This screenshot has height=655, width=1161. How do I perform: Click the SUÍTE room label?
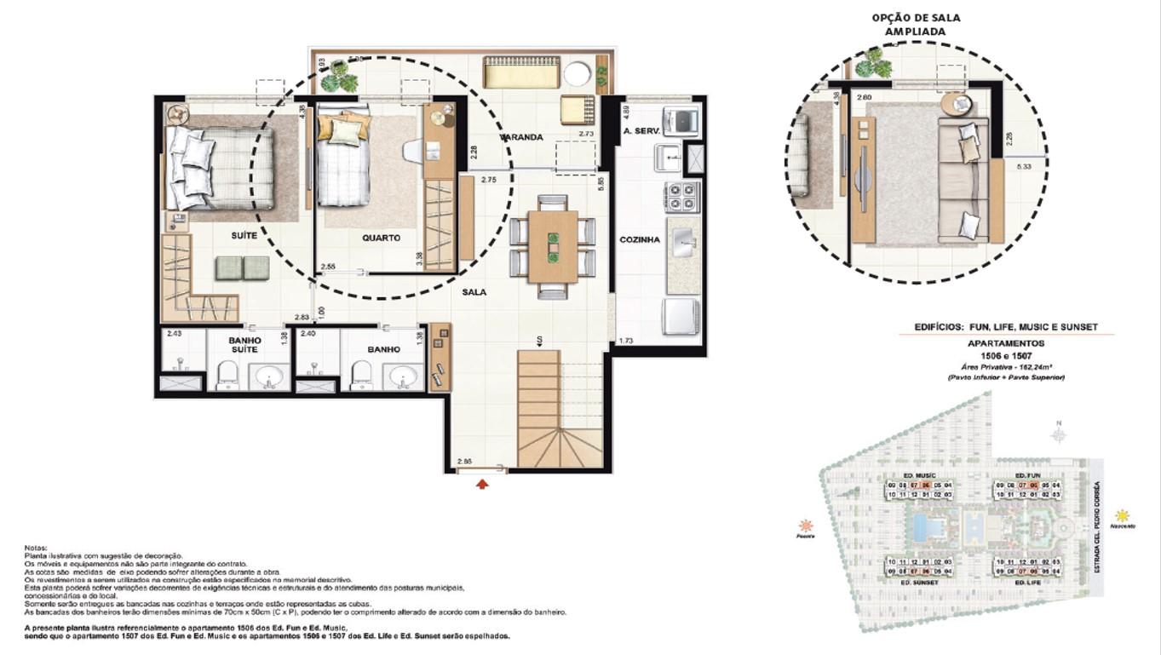coord(244,235)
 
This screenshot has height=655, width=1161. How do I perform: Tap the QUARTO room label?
coord(381,238)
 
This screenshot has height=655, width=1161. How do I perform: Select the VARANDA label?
coord(521,137)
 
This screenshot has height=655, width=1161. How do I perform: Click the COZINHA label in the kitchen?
coord(640,240)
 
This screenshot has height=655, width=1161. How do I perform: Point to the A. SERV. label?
coord(638,130)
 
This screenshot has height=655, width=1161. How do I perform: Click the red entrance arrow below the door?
coord(482,484)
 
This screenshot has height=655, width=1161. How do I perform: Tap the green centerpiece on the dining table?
coord(552,246)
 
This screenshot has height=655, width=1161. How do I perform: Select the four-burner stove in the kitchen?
coord(684,197)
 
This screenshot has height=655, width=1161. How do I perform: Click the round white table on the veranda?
coord(577,74)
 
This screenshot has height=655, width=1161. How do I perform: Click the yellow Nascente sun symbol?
coord(1123,515)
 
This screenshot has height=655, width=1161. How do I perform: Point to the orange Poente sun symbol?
coord(805,525)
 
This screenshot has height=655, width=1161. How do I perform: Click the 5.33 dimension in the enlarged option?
coord(1024,167)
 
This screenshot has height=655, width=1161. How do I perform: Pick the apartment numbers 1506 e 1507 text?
coord(1006,355)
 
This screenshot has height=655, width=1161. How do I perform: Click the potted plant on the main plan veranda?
coord(342,77)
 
